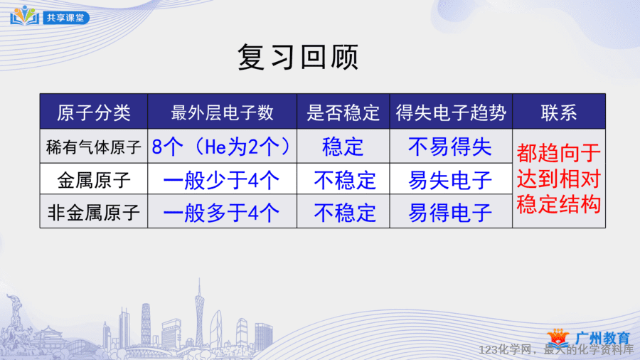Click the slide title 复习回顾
[298, 57]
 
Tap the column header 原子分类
[93, 112]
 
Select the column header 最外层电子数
[222, 112]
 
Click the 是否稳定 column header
[343, 112]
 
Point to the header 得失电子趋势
[451, 112]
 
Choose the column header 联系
[559, 112]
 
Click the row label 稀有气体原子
[93, 147]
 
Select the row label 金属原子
[93, 180]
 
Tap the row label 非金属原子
[93, 213]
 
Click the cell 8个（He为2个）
[222, 147]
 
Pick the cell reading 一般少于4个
[221, 180]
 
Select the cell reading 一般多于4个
[221, 213]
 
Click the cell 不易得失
[450, 147]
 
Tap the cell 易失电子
[450, 180]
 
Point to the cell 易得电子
[450, 213]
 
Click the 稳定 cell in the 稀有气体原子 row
[343, 147]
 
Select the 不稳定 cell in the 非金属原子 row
[344, 213]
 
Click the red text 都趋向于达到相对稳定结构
[559, 179]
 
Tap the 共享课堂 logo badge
[50, 16]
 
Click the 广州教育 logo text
[602, 338]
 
